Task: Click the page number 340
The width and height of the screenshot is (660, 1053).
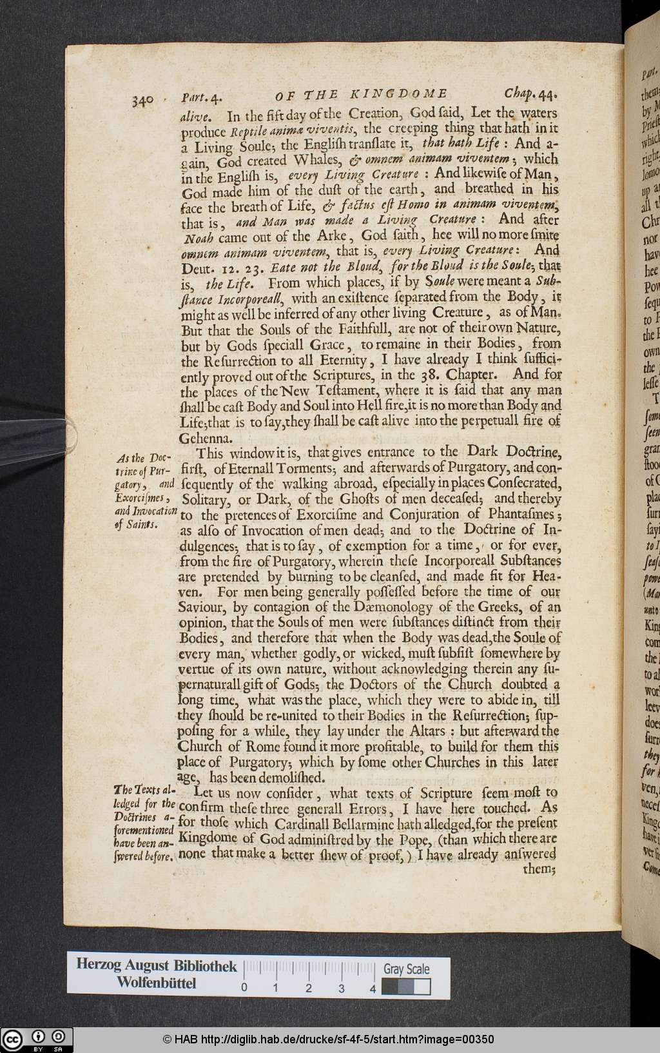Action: pos(142,101)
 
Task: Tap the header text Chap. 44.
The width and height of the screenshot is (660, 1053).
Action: pos(531,94)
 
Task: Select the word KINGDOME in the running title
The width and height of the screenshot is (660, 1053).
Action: pos(399,95)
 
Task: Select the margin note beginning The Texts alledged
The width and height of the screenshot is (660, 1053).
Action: pos(144,823)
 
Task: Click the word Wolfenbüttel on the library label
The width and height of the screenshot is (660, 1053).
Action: pos(156,983)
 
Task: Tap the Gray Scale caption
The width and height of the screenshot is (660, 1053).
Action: pos(406,969)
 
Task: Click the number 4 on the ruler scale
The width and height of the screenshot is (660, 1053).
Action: pos(373,988)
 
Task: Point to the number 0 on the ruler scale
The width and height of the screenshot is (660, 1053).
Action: pos(244,988)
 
